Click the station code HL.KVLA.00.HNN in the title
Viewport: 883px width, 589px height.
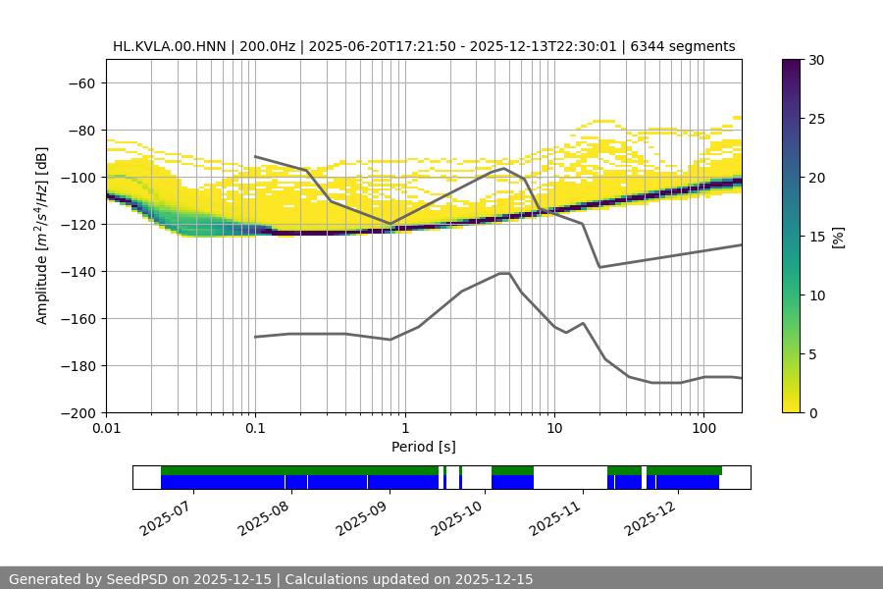pos(169,46)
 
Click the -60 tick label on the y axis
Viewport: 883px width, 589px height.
pos(81,82)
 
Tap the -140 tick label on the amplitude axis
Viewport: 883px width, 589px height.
pos(78,271)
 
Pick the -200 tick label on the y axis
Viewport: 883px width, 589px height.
pos(78,412)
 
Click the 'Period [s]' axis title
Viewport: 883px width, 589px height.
pos(424,447)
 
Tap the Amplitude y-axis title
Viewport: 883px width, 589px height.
pos(42,236)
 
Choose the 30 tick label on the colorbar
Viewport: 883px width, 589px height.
pos(815,60)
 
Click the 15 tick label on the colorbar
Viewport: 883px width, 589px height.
pos(815,237)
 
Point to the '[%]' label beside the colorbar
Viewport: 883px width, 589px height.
pos(837,237)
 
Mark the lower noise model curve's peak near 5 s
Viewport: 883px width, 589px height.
pos(504,273)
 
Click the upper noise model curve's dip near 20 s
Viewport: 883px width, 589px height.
pos(599,267)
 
